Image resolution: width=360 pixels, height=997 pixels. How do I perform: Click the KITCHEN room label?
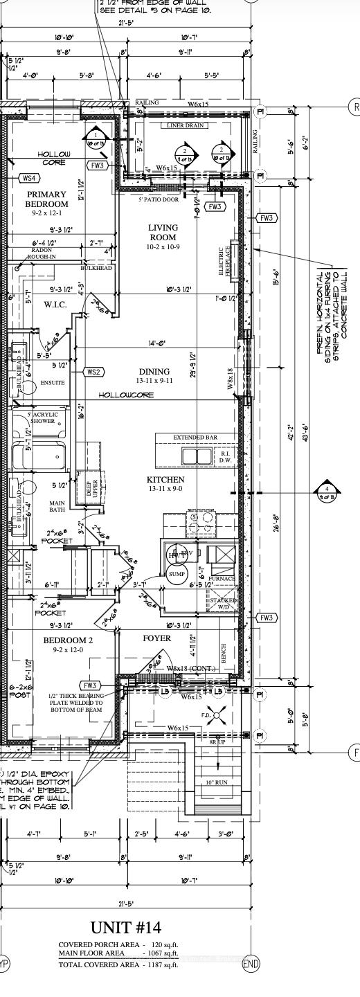165,484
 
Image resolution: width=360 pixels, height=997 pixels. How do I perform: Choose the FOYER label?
156,638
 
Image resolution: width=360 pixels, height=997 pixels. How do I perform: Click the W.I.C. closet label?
54,304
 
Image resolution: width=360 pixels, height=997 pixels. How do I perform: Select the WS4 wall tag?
29,178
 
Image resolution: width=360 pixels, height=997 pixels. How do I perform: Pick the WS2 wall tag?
94,372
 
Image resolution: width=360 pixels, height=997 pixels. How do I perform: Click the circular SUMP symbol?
177,574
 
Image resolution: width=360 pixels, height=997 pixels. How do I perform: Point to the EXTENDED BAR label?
195,438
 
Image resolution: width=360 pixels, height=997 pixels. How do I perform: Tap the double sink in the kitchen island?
197,456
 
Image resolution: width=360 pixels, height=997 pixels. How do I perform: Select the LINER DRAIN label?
185,125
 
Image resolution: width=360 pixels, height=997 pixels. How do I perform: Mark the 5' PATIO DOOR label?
158,199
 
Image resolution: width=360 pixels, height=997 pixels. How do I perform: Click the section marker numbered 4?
327,492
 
